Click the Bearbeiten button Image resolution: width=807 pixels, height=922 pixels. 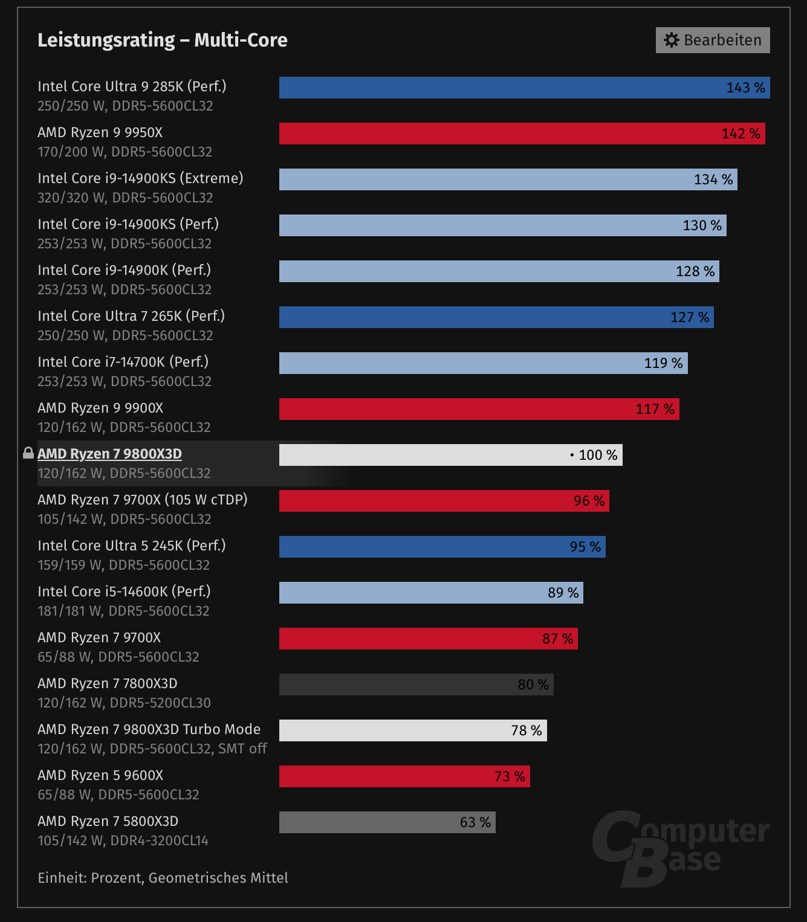coord(712,40)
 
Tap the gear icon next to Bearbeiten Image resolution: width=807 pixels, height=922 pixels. coord(671,40)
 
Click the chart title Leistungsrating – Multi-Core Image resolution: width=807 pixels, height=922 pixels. coord(162,40)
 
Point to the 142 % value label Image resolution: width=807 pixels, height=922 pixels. coord(741,134)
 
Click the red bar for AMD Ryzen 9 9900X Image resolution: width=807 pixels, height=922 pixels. coord(453,409)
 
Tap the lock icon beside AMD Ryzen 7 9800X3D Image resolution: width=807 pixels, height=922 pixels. coord(28,453)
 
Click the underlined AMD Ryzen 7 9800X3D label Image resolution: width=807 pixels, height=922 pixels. coord(109,454)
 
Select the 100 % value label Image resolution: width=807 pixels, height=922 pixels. coord(597,455)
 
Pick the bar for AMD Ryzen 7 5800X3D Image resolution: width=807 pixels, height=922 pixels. coord(387,822)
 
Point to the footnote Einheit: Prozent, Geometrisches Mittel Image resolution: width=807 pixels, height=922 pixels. coord(163,877)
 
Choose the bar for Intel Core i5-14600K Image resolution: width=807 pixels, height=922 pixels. coord(411,593)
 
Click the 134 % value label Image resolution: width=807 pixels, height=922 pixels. coord(713,179)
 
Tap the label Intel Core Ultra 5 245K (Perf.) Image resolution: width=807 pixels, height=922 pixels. coord(131,546)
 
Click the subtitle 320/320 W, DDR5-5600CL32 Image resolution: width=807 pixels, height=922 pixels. coord(125,198)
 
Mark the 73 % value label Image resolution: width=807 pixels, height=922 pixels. coord(510,776)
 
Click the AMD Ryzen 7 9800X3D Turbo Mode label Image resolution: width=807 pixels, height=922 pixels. coord(149,729)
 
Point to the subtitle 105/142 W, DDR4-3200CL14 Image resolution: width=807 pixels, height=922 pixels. coord(123,840)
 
